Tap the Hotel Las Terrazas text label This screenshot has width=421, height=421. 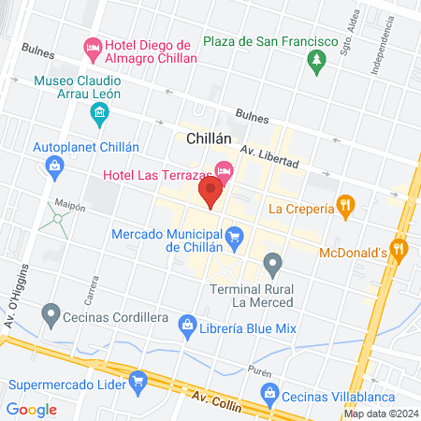(154, 175)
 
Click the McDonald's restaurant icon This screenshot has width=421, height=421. (399, 249)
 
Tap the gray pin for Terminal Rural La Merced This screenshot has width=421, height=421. (272, 263)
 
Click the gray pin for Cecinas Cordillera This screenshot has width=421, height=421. (52, 313)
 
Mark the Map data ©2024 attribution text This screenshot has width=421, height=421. (380, 414)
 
